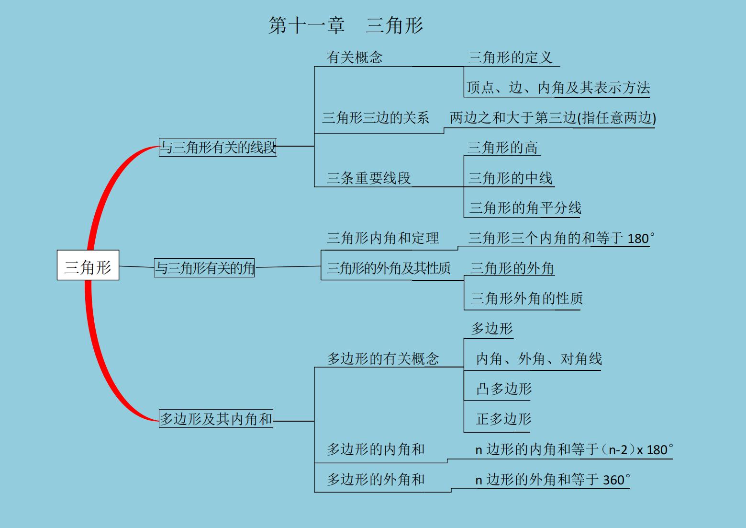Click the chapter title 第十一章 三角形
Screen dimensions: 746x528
pos(345,25)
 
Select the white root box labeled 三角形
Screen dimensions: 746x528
pos(88,265)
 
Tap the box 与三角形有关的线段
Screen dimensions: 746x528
pos(217,147)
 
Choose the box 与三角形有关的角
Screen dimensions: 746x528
pos(204,267)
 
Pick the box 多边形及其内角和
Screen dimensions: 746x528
pos(216,419)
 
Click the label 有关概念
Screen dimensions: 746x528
pos(355,57)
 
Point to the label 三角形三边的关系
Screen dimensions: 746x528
pos(376,118)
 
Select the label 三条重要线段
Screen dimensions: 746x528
pos(368,178)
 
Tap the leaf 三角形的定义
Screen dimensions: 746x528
pos(510,57)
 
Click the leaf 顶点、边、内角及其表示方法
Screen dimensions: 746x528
pos(558,87)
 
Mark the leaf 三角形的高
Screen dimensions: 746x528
pos(502,148)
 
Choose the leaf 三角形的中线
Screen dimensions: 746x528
pos(510,178)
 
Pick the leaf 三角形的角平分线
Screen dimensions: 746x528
pos(525,208)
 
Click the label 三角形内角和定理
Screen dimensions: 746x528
pos(383,238)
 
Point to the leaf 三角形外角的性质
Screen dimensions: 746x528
pos(526,298)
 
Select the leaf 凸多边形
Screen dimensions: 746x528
pos(504,389)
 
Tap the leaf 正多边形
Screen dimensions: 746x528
pos(503,419)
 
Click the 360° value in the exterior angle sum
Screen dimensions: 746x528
pos(616,480)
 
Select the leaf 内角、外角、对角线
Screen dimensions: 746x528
pos(539,358)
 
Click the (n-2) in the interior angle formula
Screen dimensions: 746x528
pos(618,450)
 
